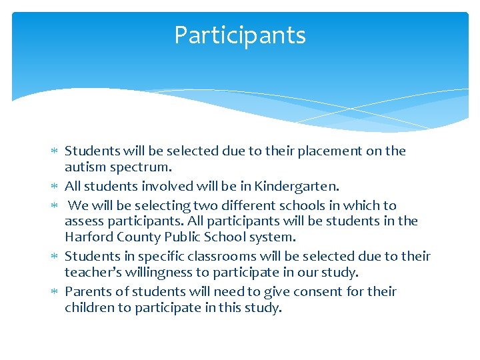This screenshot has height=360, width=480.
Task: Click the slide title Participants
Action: pyautogui.click(x=240, y=35)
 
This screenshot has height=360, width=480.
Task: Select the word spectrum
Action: pyautogui.click(x=139, y=167)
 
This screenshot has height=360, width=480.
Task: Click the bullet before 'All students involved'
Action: pyautogui.click(x=55, y=187)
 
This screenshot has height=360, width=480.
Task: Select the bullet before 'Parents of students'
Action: pyautogui.click(x=55, y=292)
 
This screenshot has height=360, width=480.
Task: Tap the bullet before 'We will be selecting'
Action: pyautogui.click(x=55, y=206)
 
